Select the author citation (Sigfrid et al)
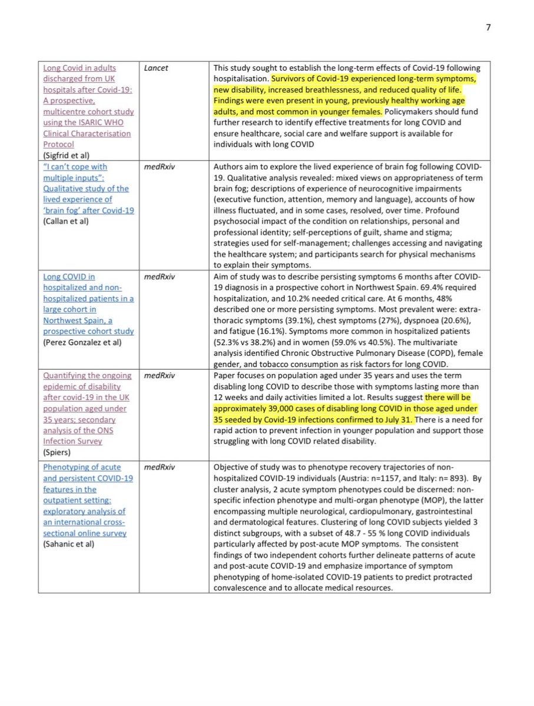click(x=65, y=155)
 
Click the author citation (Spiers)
click(x=55, y=452)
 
